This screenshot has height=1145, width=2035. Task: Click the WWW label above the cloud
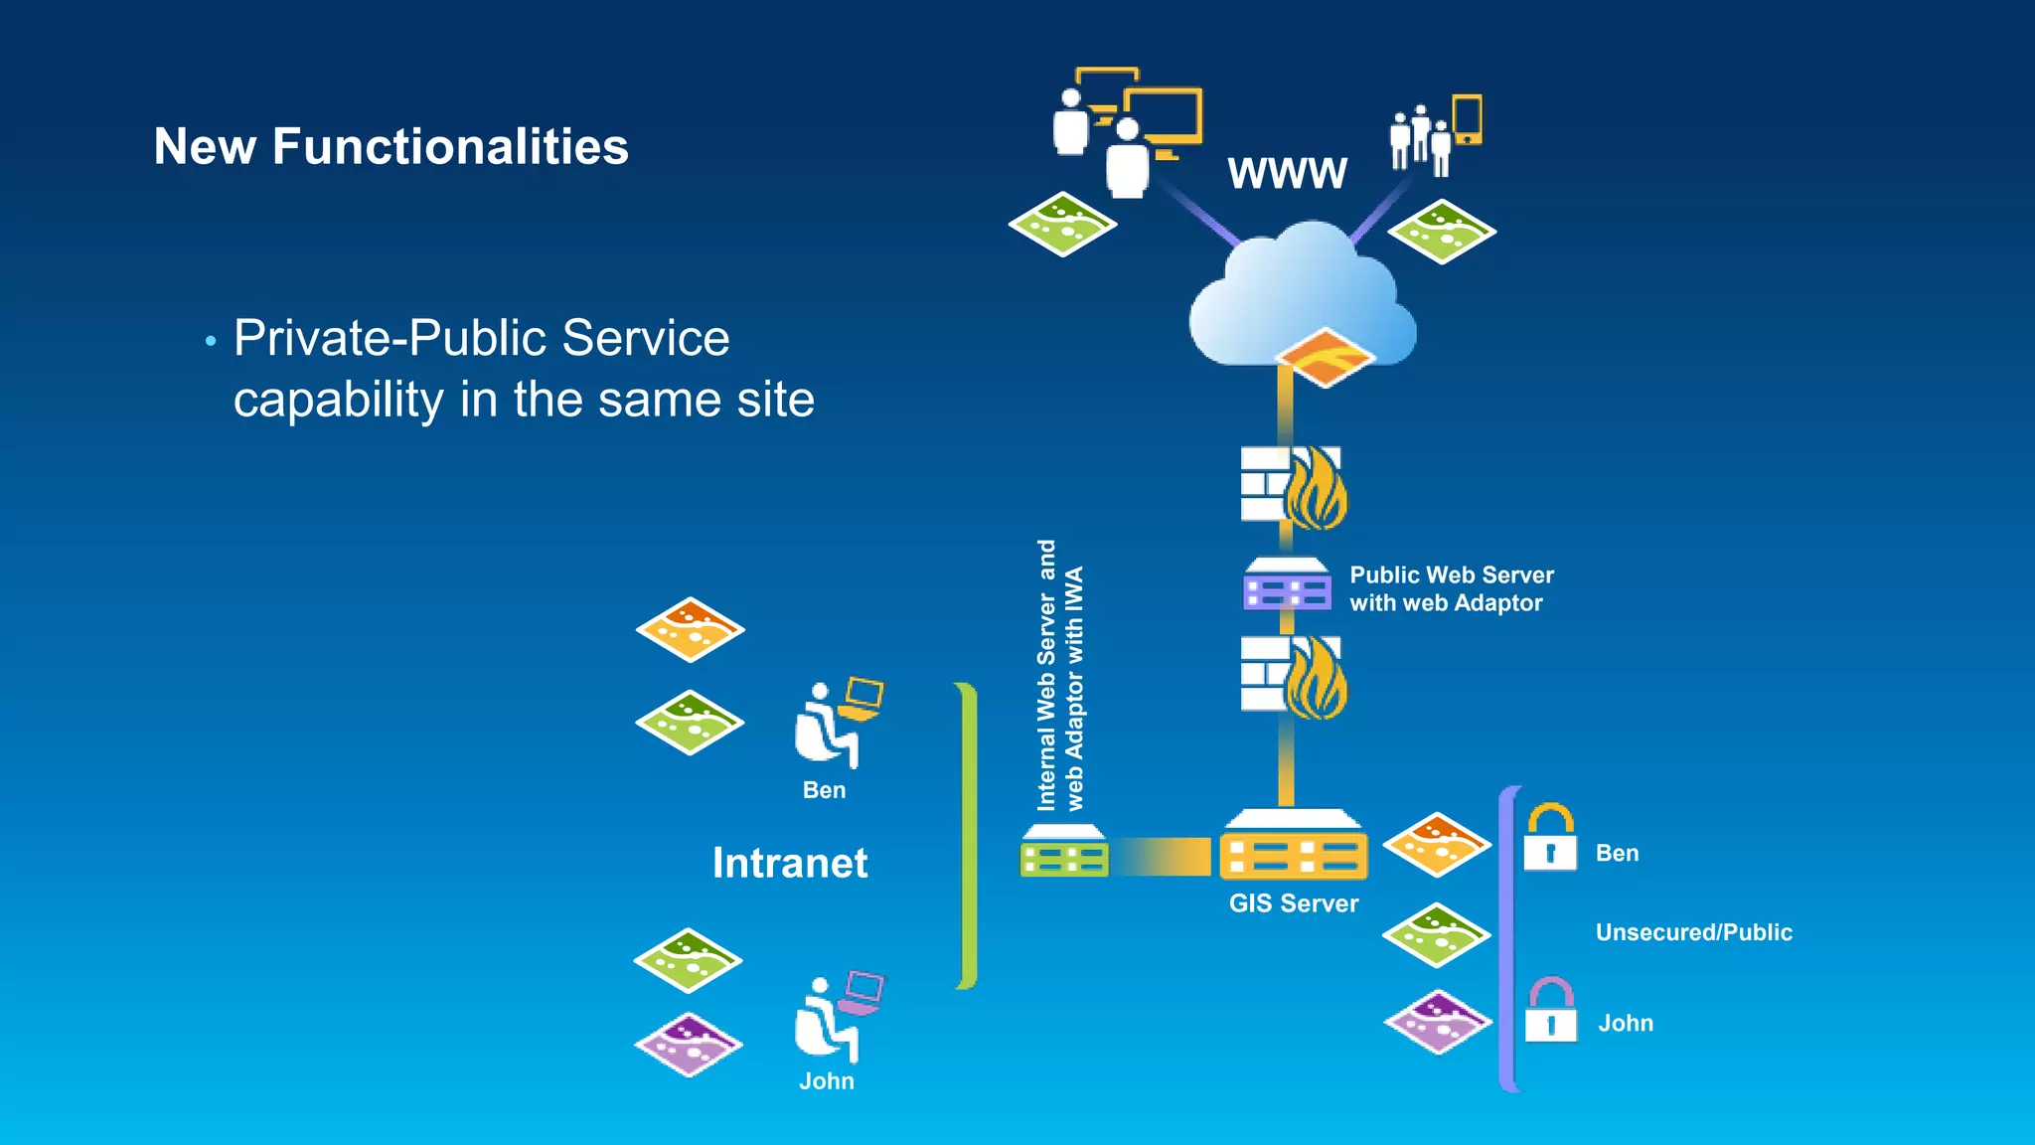point(1287,173)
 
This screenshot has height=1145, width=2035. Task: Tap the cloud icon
point(1302,293)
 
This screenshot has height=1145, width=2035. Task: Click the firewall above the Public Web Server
point(1292,486)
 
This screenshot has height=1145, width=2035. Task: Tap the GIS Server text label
point(1293,903)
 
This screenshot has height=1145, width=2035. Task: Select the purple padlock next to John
point(1551,1010)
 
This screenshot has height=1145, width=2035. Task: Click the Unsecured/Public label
point(1693,932)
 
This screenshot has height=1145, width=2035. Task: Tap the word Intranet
point(790,863)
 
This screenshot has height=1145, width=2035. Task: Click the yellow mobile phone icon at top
point(1468,119)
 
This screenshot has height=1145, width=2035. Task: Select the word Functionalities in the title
point(450,147)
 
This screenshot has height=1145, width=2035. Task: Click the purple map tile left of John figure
point(688,1045)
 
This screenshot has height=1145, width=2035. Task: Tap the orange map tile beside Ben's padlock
point(1436,844)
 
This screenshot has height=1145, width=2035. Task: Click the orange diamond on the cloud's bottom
point(1326,357)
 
